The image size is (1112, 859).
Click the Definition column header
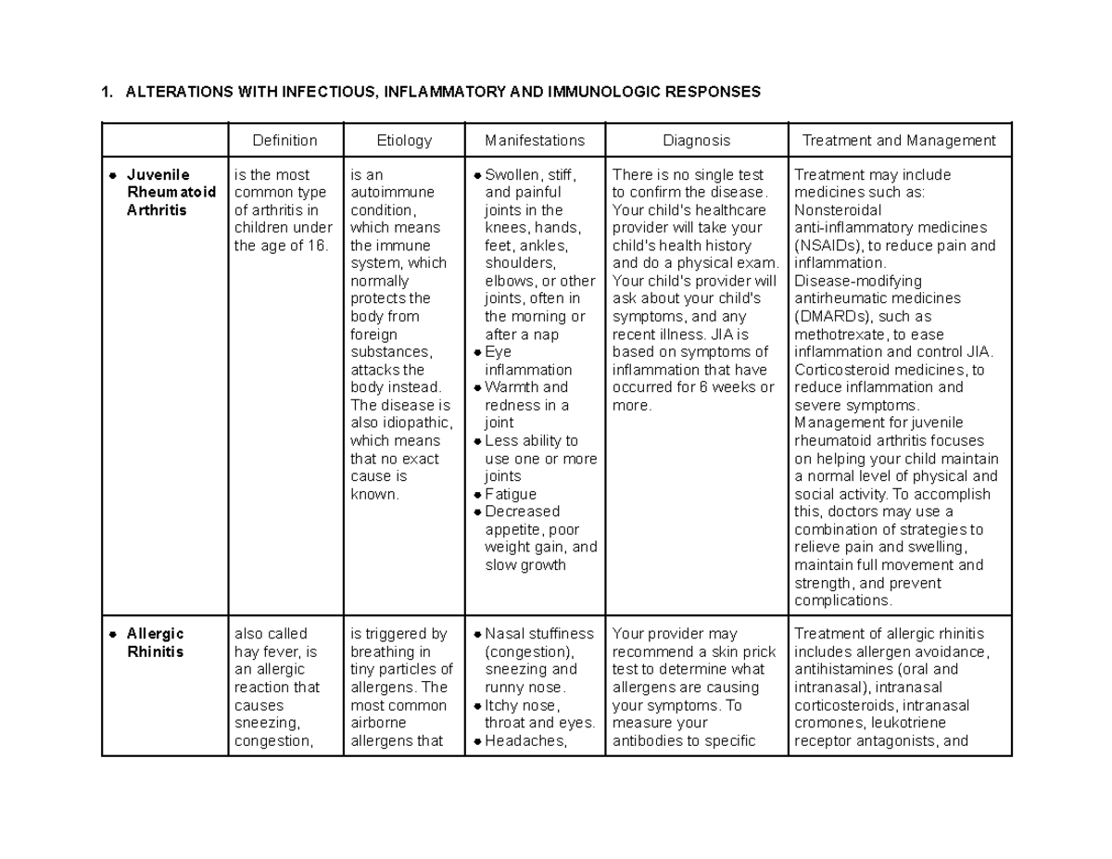(285, 141)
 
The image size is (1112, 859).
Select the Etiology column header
(404, 141)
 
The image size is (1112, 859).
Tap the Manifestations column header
(535, 141)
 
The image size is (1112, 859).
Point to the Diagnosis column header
(696, 141)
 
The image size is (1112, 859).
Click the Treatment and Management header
(899, 141)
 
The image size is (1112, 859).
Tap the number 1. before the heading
(107, 92)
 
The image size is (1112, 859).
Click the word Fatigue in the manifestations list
(511, 494)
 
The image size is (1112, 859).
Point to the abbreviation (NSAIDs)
(827, 246)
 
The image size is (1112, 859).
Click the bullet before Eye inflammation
(476, 352)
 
